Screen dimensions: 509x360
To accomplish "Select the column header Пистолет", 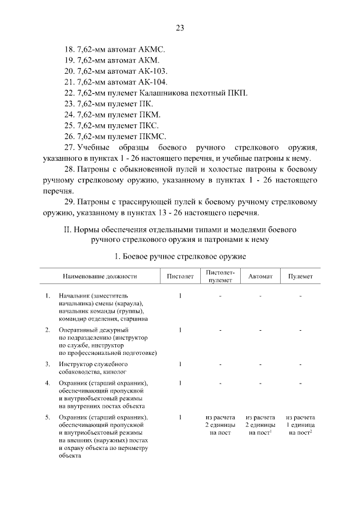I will click(180, 277).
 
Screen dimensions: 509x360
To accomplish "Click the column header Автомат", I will click(260, 277).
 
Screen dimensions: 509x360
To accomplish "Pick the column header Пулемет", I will click(300, 277).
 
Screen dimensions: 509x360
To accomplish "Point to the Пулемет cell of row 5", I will click(300, 425).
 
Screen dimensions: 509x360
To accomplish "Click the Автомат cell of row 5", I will click(260, 425).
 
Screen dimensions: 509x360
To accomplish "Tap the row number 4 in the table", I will click(47, 384).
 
